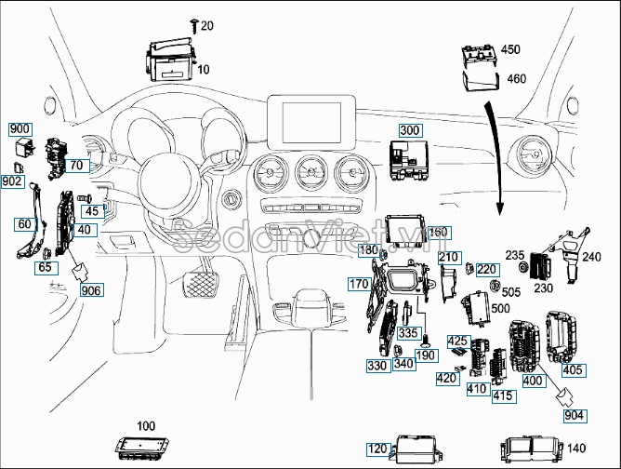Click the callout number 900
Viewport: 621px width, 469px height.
click(20, 128)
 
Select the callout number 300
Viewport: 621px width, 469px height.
click(411, 130)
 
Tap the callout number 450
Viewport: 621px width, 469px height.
click(511, 50)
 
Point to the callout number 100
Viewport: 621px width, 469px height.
click(145, 426)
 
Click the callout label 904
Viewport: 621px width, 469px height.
click(575, 416)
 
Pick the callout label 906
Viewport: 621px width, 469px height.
click(91, 290)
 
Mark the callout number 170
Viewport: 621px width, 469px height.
click(359, 283)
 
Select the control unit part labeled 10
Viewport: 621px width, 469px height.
click(169, 58)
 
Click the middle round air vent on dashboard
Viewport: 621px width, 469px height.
click(310, 173)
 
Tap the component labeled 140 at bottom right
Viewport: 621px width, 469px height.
click(530, 449)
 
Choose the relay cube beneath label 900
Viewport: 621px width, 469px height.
click(23, 149)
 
